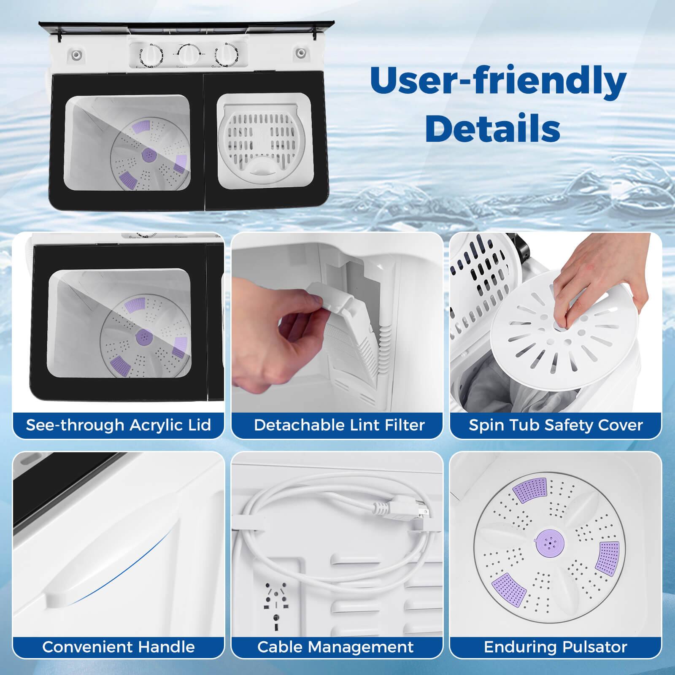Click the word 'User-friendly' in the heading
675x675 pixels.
498,81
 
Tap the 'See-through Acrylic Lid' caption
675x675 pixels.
118,425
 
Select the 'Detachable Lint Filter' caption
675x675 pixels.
339,425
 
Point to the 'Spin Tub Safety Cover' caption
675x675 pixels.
556,425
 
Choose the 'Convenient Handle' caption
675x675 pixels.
118,647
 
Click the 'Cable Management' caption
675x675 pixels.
335,647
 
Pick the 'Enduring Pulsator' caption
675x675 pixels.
555,647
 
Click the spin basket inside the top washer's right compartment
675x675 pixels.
264,139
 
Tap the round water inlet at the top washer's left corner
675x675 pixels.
76,55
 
